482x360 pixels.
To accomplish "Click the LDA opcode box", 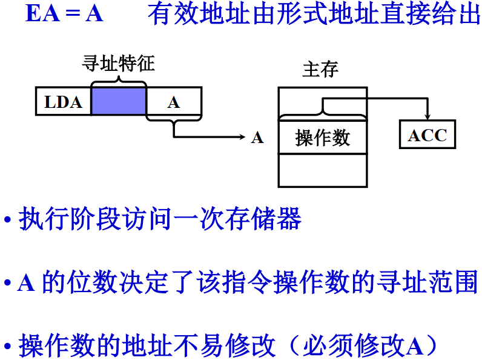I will click(x=63, y=102).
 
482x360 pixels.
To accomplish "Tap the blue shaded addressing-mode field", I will click(x=119, y=101).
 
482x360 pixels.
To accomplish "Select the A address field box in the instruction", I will click(x=174, y=102).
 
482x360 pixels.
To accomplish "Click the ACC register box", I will click(x=428, y=135).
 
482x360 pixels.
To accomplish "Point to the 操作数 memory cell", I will click(x=322, y=138).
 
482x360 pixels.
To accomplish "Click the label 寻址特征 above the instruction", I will click(x=119, y=63).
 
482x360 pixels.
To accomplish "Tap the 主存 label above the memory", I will click(x=320, y=69).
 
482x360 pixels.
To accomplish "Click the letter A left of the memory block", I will click(x=257, y=138).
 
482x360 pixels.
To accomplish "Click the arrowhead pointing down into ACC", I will click(x=428, y=116).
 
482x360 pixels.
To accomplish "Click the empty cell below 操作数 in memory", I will click(x=322, y=170).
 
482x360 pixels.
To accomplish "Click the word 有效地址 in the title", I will click(x=187, y=14).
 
